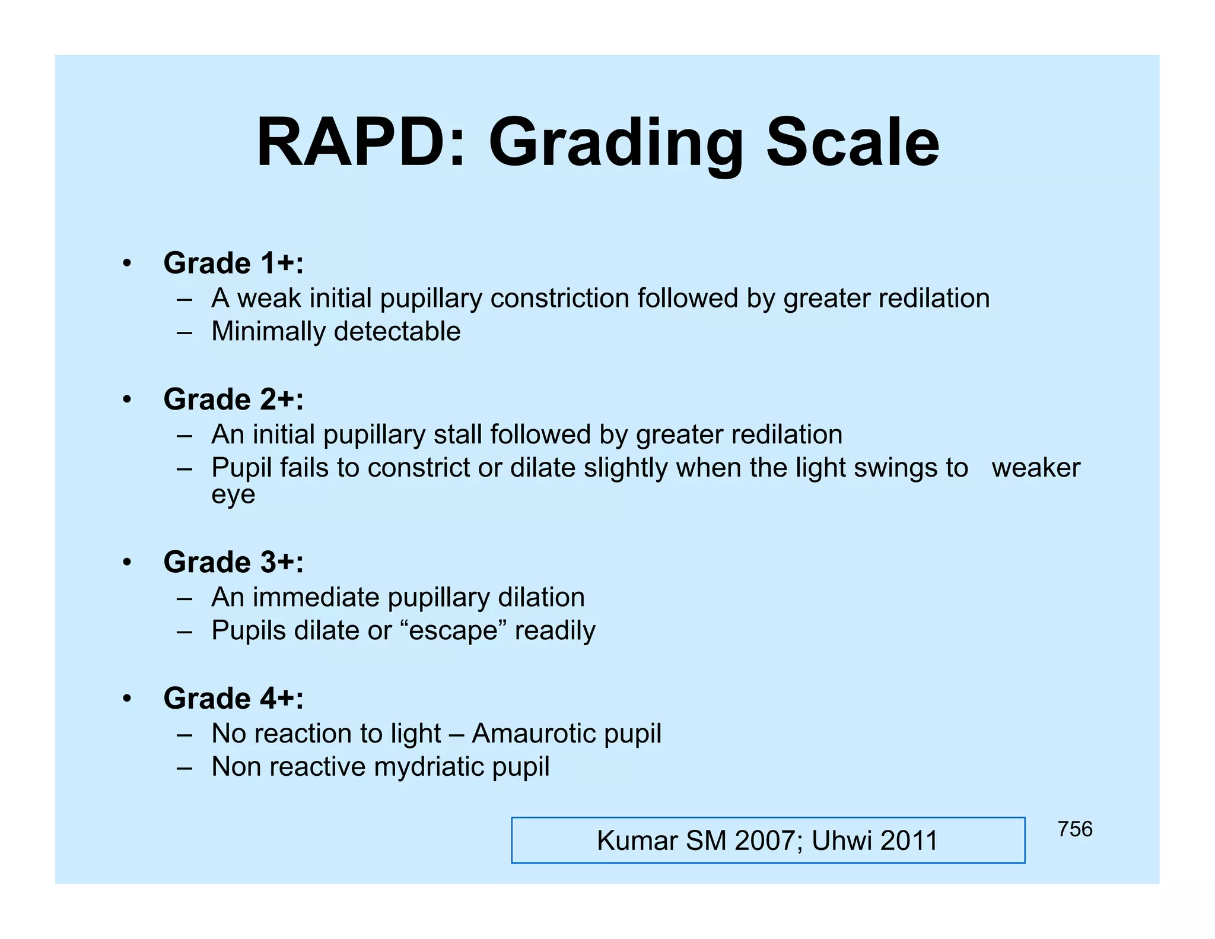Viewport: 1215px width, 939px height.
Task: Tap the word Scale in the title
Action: (x=853, y=144)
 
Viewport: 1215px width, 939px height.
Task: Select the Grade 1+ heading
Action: (x=233, y=263)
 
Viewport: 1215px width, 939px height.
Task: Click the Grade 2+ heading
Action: (x=233, y=399)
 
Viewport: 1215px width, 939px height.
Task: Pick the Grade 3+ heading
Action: (x=233, y=562)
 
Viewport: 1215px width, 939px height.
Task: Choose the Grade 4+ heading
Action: (x=233, y=699)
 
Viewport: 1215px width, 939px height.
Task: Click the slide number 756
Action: (x=1074, y=829)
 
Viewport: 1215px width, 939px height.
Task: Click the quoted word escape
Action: (x=453, y=631)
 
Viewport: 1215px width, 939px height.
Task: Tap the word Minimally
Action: (x=268, y=332)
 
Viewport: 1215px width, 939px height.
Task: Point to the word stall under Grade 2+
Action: (x=457, y=435)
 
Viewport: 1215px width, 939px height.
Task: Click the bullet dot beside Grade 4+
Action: (x=126, y=699)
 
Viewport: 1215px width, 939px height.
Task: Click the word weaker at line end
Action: (x=1035, y=468)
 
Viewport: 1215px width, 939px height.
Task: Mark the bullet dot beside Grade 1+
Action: (x=126, y=263)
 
